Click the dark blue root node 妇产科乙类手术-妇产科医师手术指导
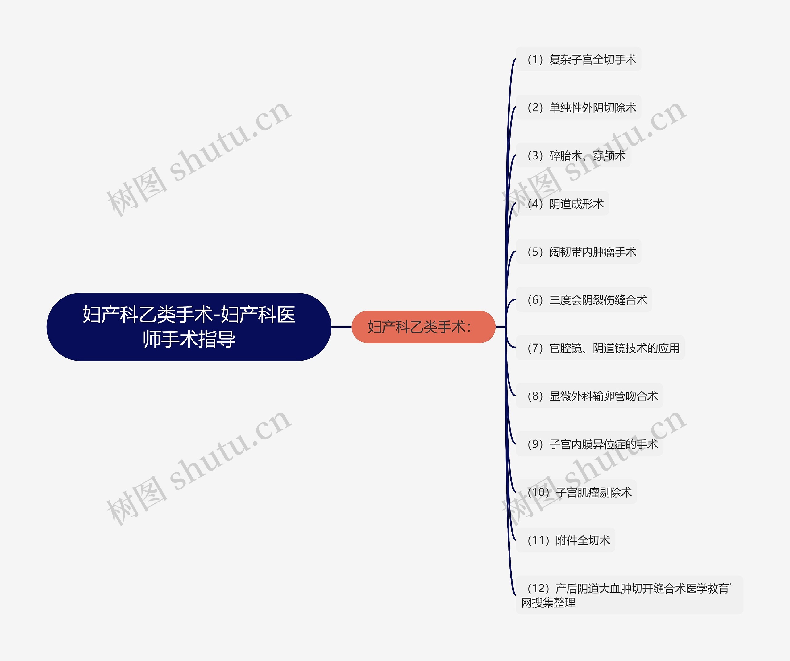click(x=189, y=327)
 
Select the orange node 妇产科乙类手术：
click(x=423, y=327)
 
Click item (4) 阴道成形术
click(x=565, y=204)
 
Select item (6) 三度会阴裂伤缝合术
click(x=587, y=300)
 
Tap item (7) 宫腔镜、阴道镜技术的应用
click(x=603, y=348)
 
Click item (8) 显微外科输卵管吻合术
click(x=592, y=396)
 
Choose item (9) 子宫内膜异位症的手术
click(x=592, y=444)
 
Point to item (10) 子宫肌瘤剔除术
click(x=579, y=492)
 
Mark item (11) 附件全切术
click(x=568, y=540)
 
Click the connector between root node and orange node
click(x=341, y=327)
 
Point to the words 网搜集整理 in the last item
click(x=548, y=603)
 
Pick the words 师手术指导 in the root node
click(x=189, y=339)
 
